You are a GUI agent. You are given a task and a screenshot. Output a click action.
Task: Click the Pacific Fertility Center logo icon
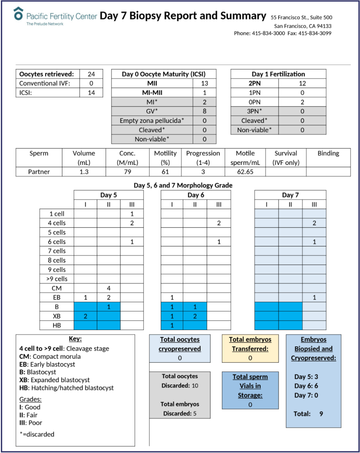click(x=18, y=13)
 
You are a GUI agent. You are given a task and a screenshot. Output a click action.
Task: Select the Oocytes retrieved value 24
click(x=91, y=74)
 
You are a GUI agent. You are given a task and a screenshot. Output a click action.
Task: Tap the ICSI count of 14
click(x=91, y=92)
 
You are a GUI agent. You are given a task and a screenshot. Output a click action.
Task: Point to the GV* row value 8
click(x=204, y=111)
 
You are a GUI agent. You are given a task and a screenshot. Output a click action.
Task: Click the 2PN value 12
click(x=302, y=83)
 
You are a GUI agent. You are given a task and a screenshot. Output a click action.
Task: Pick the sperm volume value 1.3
click(x=84, y=172)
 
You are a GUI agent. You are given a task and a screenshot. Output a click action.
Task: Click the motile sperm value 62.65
click(x=245, y=172)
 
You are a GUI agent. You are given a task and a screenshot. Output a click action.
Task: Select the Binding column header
click(x=328, y=154)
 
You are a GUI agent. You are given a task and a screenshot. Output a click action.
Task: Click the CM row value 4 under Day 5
click(x=108, y=288)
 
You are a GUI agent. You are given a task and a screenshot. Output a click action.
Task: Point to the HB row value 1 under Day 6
click(x=172, y=325)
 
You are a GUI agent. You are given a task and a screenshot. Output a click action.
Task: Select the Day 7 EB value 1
click(x=314, y=297)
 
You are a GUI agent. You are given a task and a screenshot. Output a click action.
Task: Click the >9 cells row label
click(x=56, y=279)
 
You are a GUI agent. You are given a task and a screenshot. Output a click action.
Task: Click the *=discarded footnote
click(x=38, y=434)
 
